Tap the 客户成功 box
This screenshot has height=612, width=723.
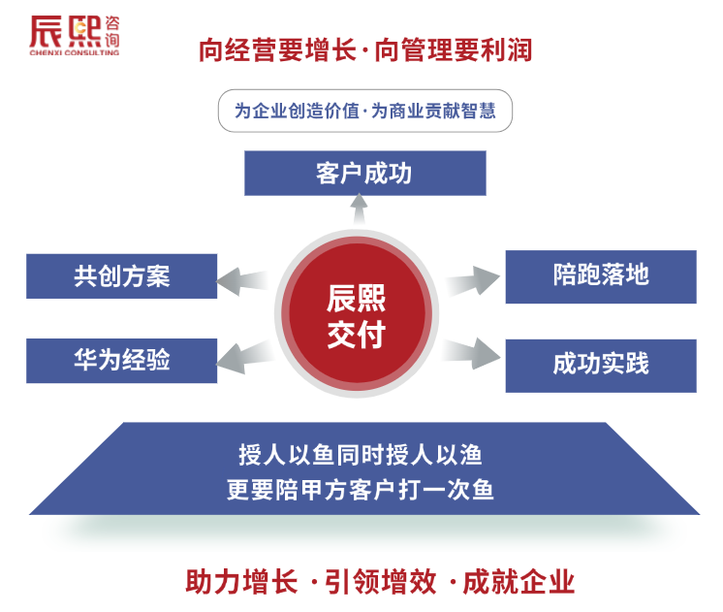tap(364, 174)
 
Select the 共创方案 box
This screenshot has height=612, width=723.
tap(121, 276)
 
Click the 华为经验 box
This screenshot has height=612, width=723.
tap(121, 360)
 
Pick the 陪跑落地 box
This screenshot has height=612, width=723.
tap(601, 276)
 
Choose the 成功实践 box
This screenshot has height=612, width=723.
tap(601, 365)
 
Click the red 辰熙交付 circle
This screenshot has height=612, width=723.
tap(357, 316)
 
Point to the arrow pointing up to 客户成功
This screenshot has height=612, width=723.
tap(360, 209)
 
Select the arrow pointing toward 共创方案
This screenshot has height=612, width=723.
tap(241, 282)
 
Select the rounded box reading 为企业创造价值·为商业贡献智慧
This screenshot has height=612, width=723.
tap(364, 112)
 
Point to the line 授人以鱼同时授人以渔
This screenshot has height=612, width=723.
tap(361, 453)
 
